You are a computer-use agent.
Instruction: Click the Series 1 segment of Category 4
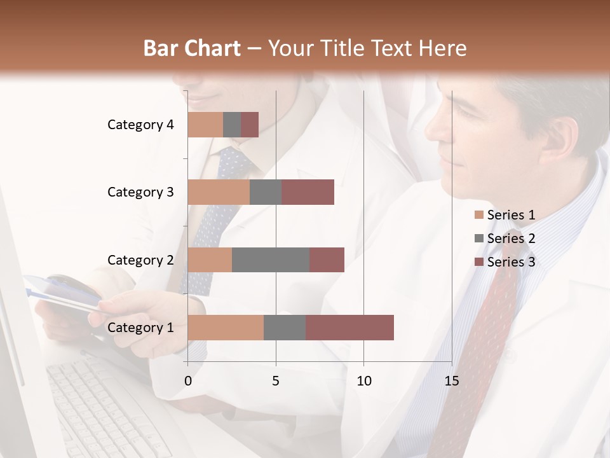pos(205,125)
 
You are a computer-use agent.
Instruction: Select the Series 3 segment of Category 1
pos(349,328)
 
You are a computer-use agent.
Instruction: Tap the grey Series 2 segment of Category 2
pos(271,260)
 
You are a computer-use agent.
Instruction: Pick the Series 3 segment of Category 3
pos(308,192)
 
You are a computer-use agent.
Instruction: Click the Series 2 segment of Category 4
pos(232,125)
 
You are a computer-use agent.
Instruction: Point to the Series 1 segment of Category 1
pos(226,328)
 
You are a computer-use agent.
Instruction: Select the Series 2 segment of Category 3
pos(266,192)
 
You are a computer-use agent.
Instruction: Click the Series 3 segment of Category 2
pos(327,260)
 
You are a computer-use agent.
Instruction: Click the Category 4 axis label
pos(140,125)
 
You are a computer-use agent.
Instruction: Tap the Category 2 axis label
pos(140,260)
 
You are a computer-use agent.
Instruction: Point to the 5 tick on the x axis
pos(276,381)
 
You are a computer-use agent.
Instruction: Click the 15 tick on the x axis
pos(451,381)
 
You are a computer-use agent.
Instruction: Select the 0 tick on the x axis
pos(188,381)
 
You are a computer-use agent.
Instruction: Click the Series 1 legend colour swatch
pos(479,215)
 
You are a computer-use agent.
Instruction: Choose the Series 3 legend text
pos(511,262)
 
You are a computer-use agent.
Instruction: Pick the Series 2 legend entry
pos(505,239)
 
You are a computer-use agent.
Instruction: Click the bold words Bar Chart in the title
pos(192,48)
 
